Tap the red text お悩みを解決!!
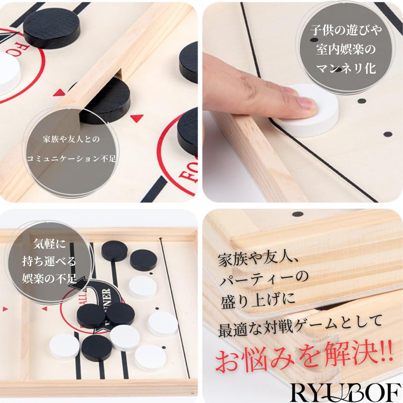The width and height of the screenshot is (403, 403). [303, 359]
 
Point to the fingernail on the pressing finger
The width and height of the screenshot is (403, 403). [306, 104]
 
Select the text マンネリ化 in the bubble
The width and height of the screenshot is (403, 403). [346, 68]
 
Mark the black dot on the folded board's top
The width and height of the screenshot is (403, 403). [298, 214]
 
